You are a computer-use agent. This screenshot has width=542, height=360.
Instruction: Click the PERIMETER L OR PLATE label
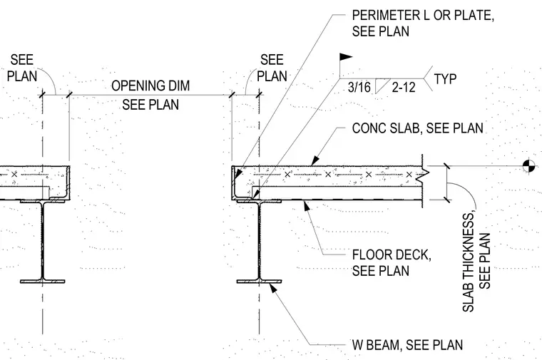[423, 23]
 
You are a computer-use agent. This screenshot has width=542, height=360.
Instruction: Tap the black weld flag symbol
[346, 57]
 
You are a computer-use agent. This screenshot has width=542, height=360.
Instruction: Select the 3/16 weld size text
[359, 87]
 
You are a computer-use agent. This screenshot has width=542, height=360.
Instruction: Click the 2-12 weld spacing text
[404, 87]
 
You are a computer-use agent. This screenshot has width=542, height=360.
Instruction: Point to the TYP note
[445, 79]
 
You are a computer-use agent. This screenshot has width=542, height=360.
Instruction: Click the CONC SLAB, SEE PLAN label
[418, 128]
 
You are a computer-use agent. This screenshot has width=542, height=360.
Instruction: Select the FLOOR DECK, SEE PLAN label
[392, 262]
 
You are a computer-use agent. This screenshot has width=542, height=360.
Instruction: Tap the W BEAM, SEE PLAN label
[407, 345]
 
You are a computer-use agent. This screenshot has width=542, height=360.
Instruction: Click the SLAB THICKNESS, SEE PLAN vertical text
[476, 262]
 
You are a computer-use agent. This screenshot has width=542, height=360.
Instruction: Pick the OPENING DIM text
[150, 86]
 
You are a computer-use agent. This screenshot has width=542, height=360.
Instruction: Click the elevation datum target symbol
[528, 166]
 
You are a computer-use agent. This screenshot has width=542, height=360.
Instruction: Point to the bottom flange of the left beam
[43, 282]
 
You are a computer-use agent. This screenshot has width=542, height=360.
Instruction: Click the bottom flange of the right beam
[259, 282]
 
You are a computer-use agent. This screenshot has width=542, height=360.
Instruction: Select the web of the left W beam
[43, 241]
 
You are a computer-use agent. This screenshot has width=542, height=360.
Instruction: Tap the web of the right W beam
[259, 241]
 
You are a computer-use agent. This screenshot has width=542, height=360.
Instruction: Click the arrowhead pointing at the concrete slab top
[315, 161]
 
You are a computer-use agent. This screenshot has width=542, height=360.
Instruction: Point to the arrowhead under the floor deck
[306, 205]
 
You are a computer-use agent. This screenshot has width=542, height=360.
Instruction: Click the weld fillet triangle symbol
[382, 86]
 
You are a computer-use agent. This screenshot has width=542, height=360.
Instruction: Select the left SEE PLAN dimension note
[22, 68]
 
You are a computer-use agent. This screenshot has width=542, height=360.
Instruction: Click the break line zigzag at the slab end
[424, 175]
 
